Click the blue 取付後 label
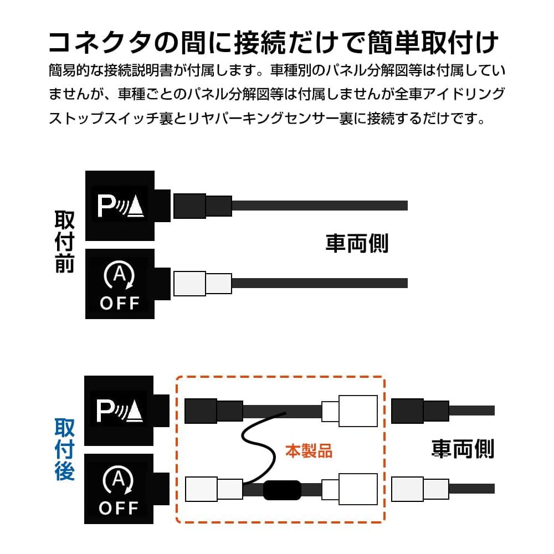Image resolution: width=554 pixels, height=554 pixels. pyautogui.click(x=65, y=449)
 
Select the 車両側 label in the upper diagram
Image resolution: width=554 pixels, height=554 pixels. pyautogui.click(x=357, y=243)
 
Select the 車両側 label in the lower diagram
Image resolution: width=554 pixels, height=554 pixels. pyautogui.click(x=463, y=448)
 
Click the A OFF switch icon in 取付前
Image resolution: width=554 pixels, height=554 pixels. pyautogui.click(x=120, y=284)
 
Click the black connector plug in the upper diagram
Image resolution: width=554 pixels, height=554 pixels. pyautogui.click(x=202, y=206)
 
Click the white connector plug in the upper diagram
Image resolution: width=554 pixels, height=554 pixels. pyautogui.click(x=202, y=283)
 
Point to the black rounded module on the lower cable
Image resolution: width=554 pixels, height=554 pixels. pyautogui.click(x=282, y=490)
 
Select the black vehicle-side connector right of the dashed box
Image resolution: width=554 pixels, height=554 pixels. pyautogui.click(x=419, y=411)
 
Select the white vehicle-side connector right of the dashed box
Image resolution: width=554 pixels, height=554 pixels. pyautogui.click(x=419, y=489)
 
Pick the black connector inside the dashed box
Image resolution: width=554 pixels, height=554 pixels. pyautogui.click(x=213, y=411)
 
